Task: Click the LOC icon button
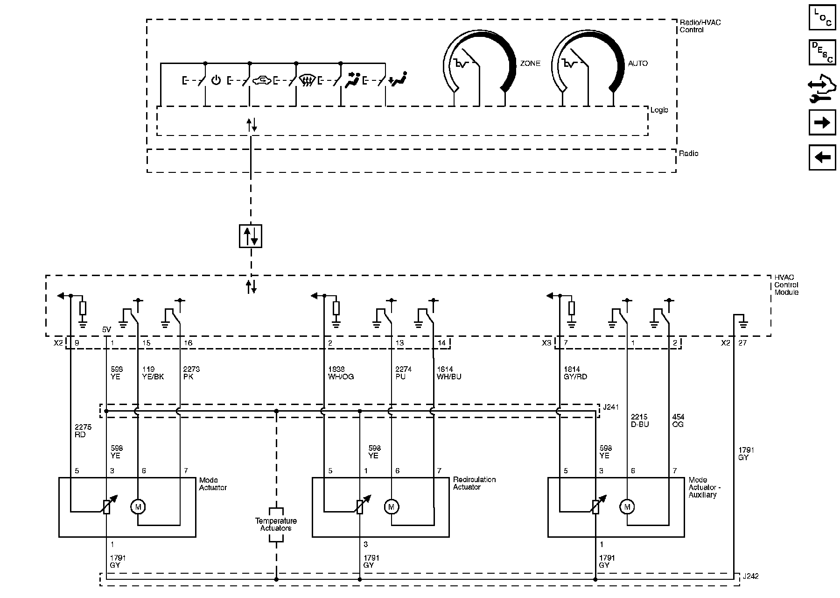point(822,18)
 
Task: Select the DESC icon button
point(822,53)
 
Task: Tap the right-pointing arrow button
point(822,123)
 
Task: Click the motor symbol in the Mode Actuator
point(138,506)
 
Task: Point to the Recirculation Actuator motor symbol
point(392,506)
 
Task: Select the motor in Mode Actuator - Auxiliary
point(627,506)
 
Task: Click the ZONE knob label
point(530,64)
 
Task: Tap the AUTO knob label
point(637,64)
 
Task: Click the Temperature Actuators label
point(276,525)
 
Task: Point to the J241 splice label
point(611,407)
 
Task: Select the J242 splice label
point(750,577)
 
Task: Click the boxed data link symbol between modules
point(251,236)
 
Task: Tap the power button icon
point(216,80)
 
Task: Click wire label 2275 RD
point(83,431)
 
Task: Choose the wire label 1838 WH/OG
point(341,373)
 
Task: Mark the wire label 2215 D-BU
point(639,420)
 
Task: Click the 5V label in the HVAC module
point(107,330)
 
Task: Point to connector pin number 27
point(742,343)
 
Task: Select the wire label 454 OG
point(678,420)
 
